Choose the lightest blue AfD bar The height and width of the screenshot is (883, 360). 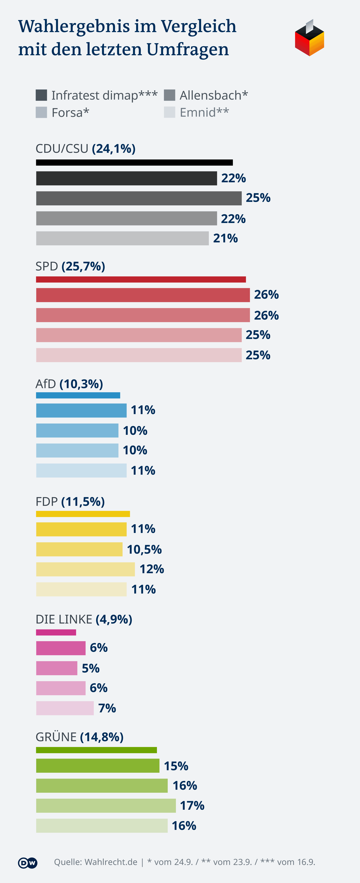pyautogui.click(x=81, y=470)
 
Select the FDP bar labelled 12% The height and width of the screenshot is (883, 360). pyautogui.click(x=85, y=569)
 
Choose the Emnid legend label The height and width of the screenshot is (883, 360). pyautogui.click(x=204, y=112)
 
